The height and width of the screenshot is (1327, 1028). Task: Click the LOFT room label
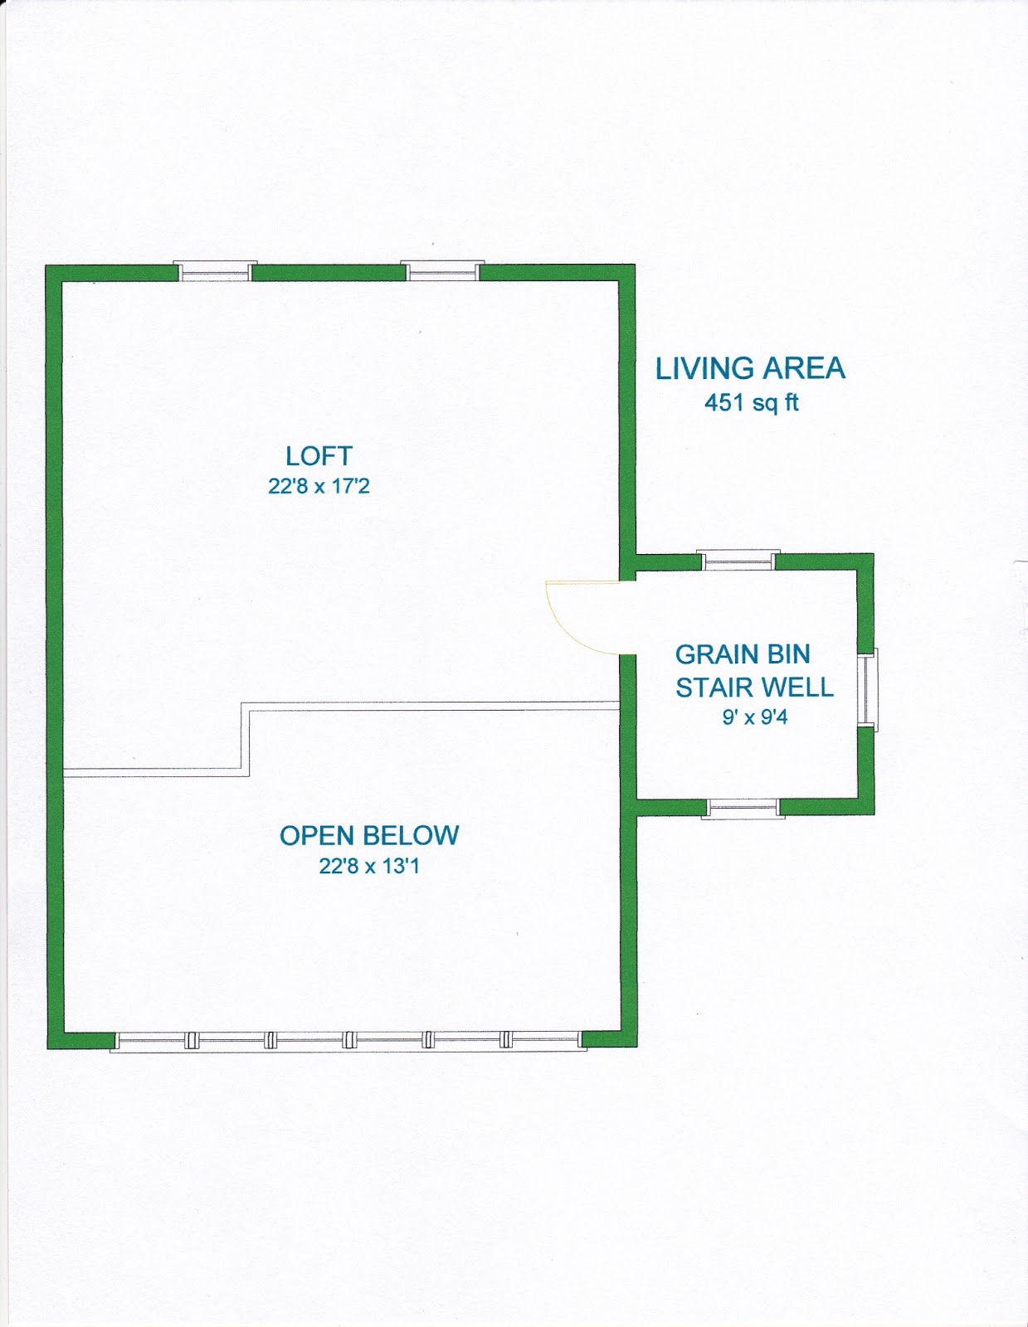[319, 456]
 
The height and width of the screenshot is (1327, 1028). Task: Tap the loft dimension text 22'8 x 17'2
[319, 486]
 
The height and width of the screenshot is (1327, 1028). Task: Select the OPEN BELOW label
[369, 835]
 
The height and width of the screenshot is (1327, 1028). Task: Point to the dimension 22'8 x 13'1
[369, 866]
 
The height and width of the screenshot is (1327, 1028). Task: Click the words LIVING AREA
[751, 369]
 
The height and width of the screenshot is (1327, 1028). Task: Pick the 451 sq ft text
[752, 402]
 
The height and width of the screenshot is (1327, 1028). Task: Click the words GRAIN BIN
[743, 654]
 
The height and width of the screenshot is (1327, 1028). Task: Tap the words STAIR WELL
[754, 688]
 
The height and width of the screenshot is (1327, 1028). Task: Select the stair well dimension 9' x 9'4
[755, 717]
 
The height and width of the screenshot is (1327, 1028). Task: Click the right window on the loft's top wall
[442, 270]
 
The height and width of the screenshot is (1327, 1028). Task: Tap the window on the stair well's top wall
[738, 560]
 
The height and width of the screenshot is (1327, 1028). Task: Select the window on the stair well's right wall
[867, 689]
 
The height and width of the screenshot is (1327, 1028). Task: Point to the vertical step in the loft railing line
[246, 740]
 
